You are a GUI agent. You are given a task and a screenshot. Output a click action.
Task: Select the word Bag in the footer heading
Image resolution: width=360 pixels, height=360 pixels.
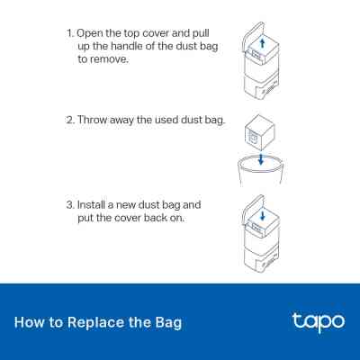pos(168,323)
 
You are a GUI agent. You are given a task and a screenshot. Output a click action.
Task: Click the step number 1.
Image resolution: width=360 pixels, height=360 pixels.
pos(69,33)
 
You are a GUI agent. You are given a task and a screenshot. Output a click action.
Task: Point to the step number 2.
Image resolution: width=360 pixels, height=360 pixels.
pos(70,120)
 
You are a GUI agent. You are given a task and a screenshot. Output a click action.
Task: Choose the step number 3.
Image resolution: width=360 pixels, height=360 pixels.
pos(70,205)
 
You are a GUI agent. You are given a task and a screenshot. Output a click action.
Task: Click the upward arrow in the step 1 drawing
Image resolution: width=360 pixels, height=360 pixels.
pos(263,42)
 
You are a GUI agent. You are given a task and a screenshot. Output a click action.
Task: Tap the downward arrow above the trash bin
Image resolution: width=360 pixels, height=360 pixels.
pos(261,159)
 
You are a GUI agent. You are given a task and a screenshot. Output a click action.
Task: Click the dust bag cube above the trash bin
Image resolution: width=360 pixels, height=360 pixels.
pos(260,132)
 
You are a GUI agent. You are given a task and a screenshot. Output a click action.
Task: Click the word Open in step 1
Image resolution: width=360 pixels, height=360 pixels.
pos(89,33)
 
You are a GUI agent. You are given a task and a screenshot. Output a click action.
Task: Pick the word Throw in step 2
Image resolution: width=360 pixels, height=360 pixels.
pos(92,120)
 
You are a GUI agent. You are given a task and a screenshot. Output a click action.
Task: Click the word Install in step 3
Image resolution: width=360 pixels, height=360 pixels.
pos(91,205)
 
